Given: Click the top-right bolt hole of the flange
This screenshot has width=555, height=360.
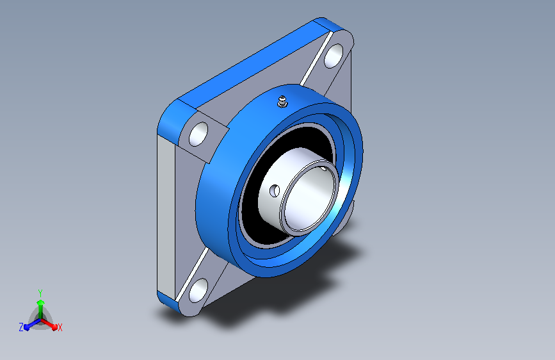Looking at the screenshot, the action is coord(334,56).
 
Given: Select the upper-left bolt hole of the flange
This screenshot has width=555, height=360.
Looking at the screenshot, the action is coord(198,134).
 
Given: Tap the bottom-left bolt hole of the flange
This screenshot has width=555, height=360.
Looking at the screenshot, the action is coord(198,290).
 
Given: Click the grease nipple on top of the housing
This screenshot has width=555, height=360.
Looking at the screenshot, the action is coord(282,102).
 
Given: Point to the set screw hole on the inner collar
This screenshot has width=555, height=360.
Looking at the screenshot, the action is coord(275,191).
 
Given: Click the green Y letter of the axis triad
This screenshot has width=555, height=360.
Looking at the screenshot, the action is coord(40,293).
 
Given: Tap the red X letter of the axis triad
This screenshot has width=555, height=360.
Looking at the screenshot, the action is coord(60,328).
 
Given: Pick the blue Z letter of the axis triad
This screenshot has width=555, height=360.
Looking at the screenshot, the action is coord(21,327).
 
